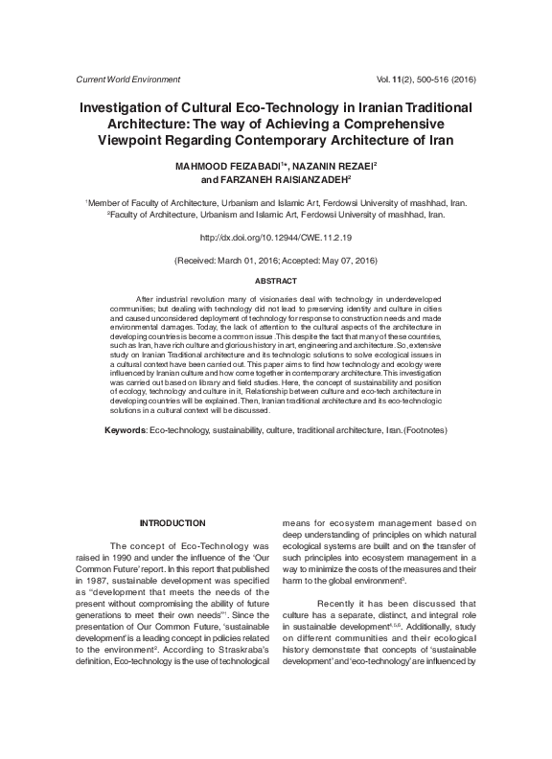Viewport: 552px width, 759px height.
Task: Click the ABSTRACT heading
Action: (275, 283)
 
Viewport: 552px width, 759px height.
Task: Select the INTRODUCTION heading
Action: (172, 523)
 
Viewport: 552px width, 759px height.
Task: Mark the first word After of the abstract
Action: (148, 300)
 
